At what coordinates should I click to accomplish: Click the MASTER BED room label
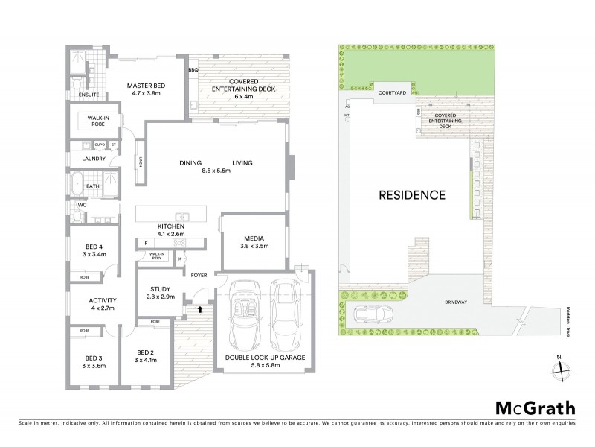coord(145,86)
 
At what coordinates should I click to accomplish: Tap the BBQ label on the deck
coord(193,69)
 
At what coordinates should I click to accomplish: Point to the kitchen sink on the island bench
coord(187,217)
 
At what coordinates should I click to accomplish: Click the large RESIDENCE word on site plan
coord(412,195)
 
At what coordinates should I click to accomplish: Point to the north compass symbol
coord(563,366)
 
